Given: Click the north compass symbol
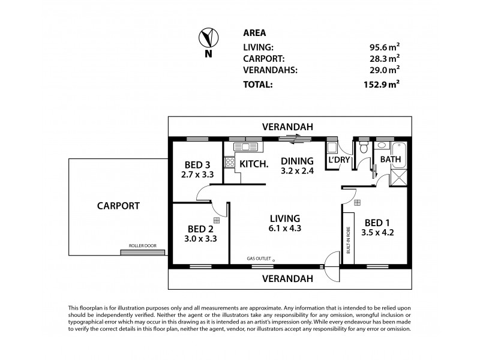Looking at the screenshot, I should click(208, 40).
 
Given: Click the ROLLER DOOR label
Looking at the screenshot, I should click(142, 246).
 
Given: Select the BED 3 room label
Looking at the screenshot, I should click(197, 166).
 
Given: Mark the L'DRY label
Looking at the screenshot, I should click(338, 161).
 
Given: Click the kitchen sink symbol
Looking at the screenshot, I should click(247, 146).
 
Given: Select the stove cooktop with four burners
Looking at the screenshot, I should click(229, 161).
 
